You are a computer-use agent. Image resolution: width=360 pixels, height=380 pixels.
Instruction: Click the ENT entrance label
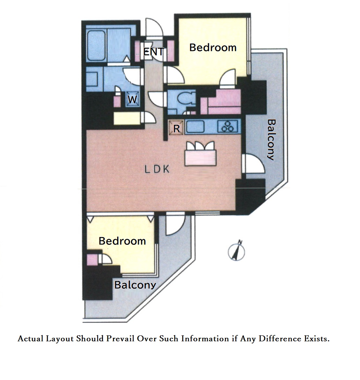pos(154,52)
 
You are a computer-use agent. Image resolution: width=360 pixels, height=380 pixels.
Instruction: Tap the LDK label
pos(157,169)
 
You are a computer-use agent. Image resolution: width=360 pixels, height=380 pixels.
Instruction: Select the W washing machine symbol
pos(132,99)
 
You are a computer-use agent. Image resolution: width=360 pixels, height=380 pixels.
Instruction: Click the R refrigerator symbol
pos(176,128)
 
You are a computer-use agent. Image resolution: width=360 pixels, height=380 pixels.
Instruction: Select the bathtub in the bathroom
pos(97,46)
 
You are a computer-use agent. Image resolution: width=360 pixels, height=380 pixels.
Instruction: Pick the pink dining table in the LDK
pos(201,158)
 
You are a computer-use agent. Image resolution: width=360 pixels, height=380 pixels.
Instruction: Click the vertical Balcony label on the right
pos(271,140)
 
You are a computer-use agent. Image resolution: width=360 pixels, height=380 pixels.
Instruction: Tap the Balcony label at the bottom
pos(135,285)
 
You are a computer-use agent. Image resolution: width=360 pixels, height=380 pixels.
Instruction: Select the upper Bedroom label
pos(213,47)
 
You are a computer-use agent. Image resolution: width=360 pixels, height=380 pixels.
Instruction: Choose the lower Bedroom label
pos(122,241)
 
